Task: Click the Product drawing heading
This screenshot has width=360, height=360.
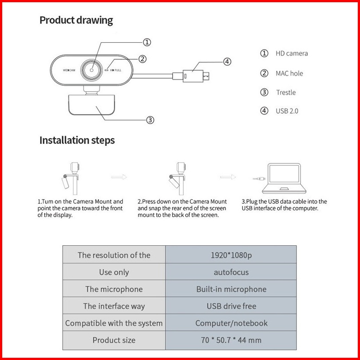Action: click(76, 20)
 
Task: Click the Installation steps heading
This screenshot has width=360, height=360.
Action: click(77, 140)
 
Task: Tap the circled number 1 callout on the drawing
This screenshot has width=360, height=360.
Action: click(147, 42)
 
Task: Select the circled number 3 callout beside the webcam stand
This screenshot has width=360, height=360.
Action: click(150, 120)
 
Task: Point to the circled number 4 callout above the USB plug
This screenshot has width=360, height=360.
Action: click(227, 62)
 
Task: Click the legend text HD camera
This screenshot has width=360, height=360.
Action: click(291, 53)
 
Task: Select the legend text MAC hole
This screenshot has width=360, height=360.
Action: click(289, 73)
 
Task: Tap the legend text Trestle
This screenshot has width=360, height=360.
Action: click(285, 92)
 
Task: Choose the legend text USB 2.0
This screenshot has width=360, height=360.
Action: click(287, 111)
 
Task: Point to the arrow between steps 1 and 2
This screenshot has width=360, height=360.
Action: click(119, 177)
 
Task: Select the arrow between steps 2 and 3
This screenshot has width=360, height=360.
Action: click(228, 177)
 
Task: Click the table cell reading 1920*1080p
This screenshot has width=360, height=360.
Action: click(231, 255)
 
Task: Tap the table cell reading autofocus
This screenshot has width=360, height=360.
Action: click(231, 272)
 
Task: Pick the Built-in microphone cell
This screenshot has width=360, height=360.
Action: click(231, 289)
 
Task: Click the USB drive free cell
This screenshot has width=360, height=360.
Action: click(231, 306)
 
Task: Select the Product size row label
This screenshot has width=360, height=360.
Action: click(114, 340)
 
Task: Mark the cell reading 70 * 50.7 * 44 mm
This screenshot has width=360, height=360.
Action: click(231, 340)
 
